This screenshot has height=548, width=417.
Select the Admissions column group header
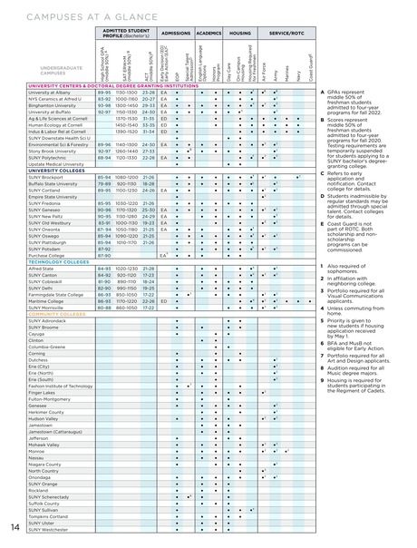coord(176,31)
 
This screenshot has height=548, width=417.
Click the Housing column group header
coord(239,31)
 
